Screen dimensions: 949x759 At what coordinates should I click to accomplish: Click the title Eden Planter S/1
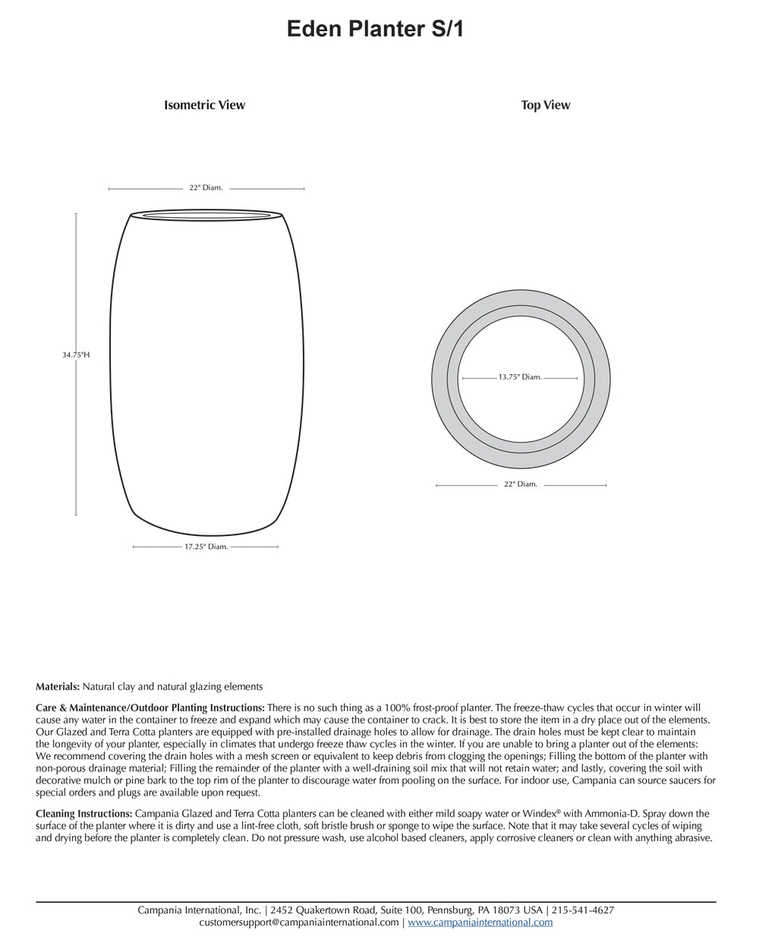375,30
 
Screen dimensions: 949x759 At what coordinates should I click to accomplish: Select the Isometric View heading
204,106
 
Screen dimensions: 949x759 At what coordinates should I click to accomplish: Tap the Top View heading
545,106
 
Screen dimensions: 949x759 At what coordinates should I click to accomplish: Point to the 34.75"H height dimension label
76,355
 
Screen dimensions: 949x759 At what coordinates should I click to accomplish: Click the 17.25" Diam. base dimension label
206,547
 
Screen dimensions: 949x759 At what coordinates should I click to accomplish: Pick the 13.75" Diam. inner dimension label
520,377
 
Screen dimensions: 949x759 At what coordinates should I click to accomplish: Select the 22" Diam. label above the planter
206,188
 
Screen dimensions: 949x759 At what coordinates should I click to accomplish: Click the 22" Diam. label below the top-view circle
520,484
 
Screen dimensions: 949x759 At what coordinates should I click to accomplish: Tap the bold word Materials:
58,687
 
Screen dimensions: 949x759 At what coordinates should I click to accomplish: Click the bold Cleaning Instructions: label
84,814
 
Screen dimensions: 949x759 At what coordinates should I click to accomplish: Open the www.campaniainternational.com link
480,922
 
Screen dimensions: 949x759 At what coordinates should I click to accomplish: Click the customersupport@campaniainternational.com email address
299,922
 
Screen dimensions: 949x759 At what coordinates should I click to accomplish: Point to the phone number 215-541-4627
582,910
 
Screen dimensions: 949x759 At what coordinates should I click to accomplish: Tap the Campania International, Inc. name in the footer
200,910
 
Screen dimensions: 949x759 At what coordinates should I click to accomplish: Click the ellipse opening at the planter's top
207,216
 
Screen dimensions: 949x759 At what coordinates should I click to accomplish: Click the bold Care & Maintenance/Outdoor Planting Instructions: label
150,707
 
